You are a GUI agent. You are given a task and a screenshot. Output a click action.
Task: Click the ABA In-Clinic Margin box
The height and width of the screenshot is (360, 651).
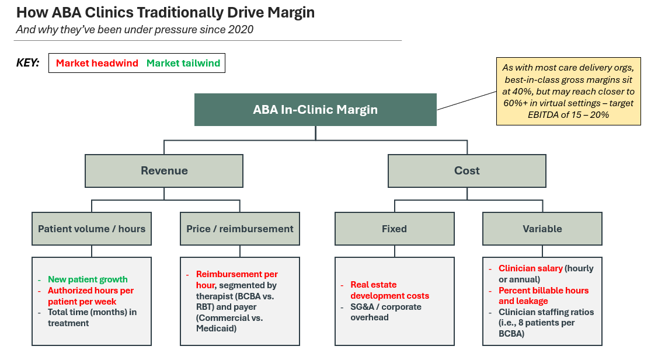pyautogui.click(x=315, y=110)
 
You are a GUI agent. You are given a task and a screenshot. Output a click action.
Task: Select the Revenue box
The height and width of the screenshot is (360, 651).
pyautogui.click(x=164, y=170)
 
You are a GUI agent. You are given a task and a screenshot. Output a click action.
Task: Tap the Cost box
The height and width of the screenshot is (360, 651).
pyautogui.click(x=467, y=170)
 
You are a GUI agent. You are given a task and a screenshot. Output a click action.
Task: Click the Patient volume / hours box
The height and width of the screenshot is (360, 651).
pyautogui.click(x=92, y=229)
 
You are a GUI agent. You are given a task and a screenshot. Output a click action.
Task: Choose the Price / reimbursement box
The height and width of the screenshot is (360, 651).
pyautogui.click(x=240, y=229)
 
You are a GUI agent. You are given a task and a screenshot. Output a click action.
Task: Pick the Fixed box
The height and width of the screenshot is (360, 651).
pyautogui.click(x=394, y=229)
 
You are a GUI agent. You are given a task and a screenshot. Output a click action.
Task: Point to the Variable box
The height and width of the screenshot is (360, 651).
pyautogui.click(x=542, y=229)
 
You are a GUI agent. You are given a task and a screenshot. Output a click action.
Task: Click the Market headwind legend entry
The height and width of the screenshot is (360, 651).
pyautogui.click(x=97, y=63)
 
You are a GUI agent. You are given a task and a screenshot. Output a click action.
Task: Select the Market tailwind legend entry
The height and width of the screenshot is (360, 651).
pyautogui.click(x=183, y=63)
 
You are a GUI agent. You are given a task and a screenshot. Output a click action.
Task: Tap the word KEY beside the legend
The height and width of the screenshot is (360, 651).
pyautogui.click(x=27, y=63)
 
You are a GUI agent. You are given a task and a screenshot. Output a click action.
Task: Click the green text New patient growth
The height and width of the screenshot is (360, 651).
pyautogui.click(x=88, y=279)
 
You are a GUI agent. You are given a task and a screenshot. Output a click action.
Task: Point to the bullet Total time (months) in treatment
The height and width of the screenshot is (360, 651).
pyautogui.click(x=92, y=317)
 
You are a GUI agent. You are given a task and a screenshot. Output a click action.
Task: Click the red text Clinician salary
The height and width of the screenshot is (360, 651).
pyautogui.click(x=530, y=268)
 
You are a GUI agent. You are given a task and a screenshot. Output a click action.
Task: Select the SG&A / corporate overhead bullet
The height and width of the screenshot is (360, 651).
pyautogui.click(x=385, y=312)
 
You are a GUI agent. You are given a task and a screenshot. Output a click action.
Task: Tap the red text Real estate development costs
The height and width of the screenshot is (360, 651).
pyautogui.click(x=389, y=290)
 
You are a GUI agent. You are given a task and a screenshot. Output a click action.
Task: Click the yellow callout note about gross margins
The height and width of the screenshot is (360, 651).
pyautogui.click(x=553, y=90)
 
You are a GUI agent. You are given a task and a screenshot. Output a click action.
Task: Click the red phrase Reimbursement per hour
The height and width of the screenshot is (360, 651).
pyautogui.click(x=236, y=279)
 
